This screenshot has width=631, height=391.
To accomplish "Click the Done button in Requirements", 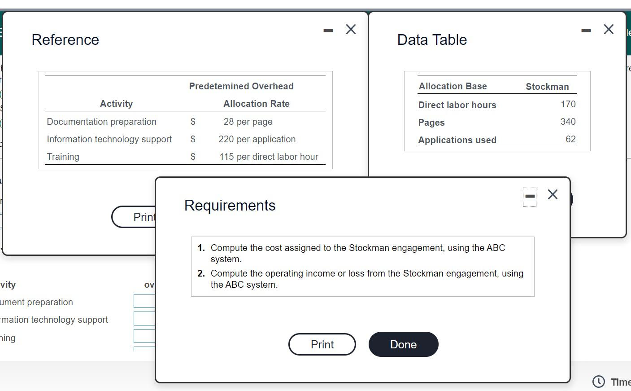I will (x=403, y=344).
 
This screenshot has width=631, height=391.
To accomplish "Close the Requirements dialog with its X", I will (x=553, y=194).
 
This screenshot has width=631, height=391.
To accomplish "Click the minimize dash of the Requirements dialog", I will (x=530, y=196).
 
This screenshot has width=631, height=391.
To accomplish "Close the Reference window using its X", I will (x=351, y=30).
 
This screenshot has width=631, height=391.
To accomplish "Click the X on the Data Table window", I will (x=609, y=30).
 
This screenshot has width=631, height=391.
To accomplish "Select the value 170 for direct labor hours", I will (x=568, y=104).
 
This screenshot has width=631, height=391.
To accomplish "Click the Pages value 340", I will (x=568, y=122).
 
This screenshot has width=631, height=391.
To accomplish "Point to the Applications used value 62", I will (x=570, y=139).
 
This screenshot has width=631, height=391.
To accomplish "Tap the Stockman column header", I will (x=547, y=87).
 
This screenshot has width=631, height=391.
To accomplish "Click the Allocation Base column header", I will (x=453, y=86).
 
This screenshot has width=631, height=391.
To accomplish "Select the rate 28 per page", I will (x=248, y=122).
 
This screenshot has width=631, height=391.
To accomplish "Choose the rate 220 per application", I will (x=257, y=139).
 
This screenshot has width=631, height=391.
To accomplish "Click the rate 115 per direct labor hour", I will (x=269, y=157).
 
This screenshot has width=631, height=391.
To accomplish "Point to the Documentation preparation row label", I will (x=101, y=122).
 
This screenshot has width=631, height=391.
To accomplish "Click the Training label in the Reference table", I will (x=63, y=157).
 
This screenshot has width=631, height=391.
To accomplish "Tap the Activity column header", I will (x=116, y=104).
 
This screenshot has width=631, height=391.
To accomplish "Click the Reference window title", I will (x=65, y=40).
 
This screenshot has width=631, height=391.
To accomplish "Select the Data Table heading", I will (x=432, y=40).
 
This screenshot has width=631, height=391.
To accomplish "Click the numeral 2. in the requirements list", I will (x=201, y=273).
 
